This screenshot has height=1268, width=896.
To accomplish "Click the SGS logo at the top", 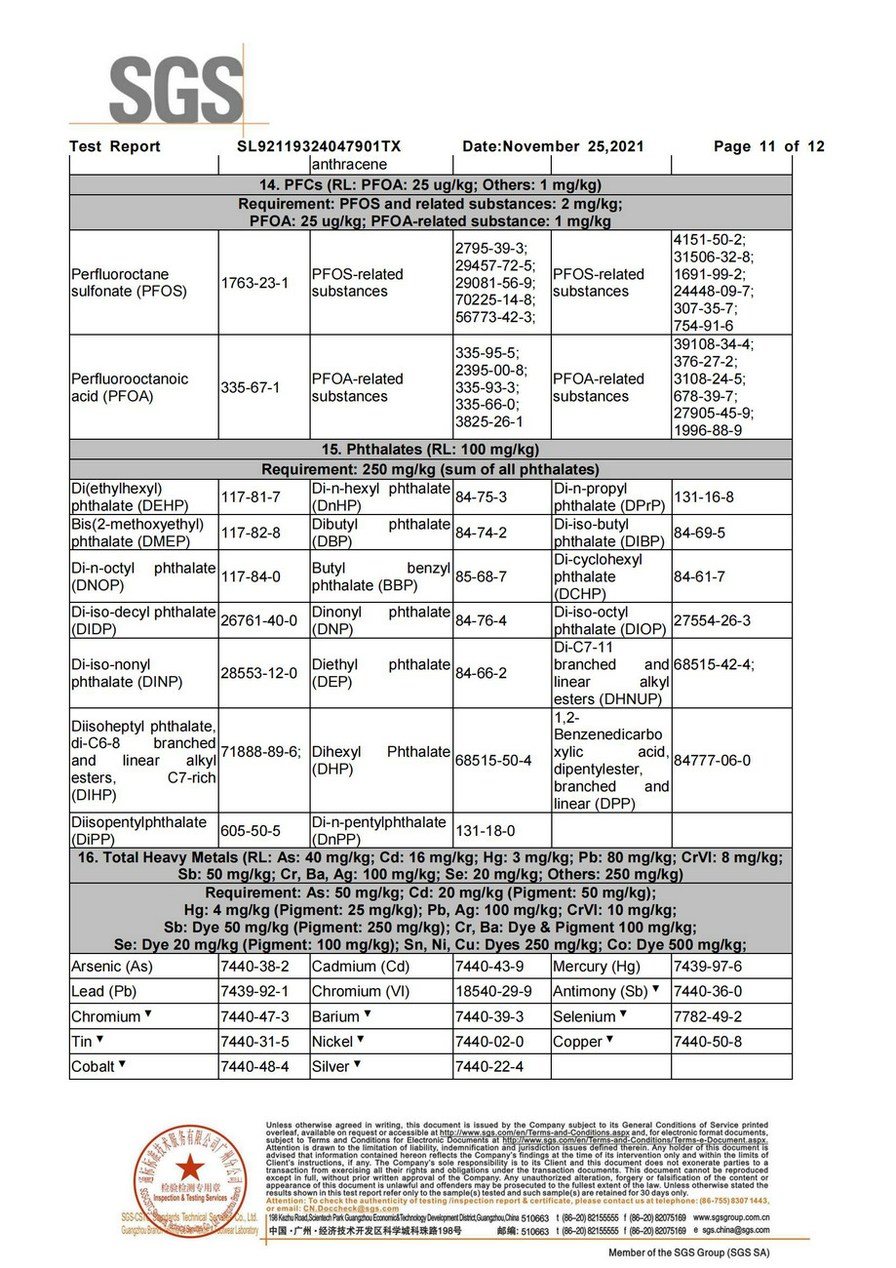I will (x=175, y=90).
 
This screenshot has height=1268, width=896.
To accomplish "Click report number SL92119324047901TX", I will (x=319, y=147).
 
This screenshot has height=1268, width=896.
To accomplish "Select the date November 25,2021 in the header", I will (x=553, y=147).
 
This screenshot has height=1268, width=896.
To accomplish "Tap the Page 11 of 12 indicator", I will (x=768, y=147).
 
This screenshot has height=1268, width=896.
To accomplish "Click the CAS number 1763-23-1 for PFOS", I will (x=254, y=283).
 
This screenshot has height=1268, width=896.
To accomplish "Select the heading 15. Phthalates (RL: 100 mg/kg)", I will (x=430, y=450).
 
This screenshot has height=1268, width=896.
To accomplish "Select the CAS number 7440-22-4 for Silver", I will (x=488, y=1067).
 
